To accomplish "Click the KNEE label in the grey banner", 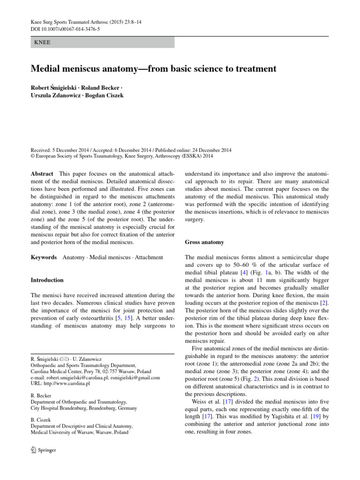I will [43, 42].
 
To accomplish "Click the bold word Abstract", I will [42, 173].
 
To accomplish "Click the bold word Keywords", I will [44, 257].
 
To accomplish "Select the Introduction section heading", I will [47, 280].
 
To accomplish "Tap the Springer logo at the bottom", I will [44, 450].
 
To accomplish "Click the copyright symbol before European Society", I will [33, 157].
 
